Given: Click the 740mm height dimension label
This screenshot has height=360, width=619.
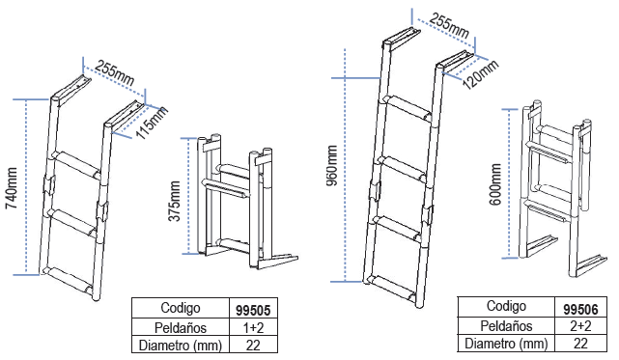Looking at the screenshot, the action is (x=12, y=188).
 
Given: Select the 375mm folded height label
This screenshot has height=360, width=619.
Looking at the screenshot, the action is (x=175, y=202).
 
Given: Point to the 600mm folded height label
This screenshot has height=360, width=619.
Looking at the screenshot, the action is (x=495, y=184).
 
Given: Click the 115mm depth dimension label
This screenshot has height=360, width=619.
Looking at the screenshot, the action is (x=153, y=123).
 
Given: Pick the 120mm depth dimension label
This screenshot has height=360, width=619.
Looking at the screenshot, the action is (x=480, y=74).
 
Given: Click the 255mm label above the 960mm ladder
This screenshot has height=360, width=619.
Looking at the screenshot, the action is (x=449, y=26).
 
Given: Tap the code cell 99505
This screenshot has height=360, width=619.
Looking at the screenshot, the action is (x=253, y=310).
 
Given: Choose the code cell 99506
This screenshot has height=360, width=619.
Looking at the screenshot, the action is (x=580, y=309).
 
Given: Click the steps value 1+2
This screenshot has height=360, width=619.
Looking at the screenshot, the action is (x=253, y=327).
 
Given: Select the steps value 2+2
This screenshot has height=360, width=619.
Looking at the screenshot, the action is (x=580, y=326).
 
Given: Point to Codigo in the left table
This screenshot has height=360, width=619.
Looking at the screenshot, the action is (x=181, y=308).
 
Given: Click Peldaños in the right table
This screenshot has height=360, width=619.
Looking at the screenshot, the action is (x=506, y=326).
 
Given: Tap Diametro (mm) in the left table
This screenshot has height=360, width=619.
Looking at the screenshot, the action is (x=181, y=346).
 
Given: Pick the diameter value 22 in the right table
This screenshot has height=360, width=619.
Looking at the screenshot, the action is (x=580, y=344).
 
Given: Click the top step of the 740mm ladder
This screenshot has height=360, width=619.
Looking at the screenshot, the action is (x=75, y=165).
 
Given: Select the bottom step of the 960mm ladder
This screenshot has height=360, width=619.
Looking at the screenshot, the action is (x=392, y=289).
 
